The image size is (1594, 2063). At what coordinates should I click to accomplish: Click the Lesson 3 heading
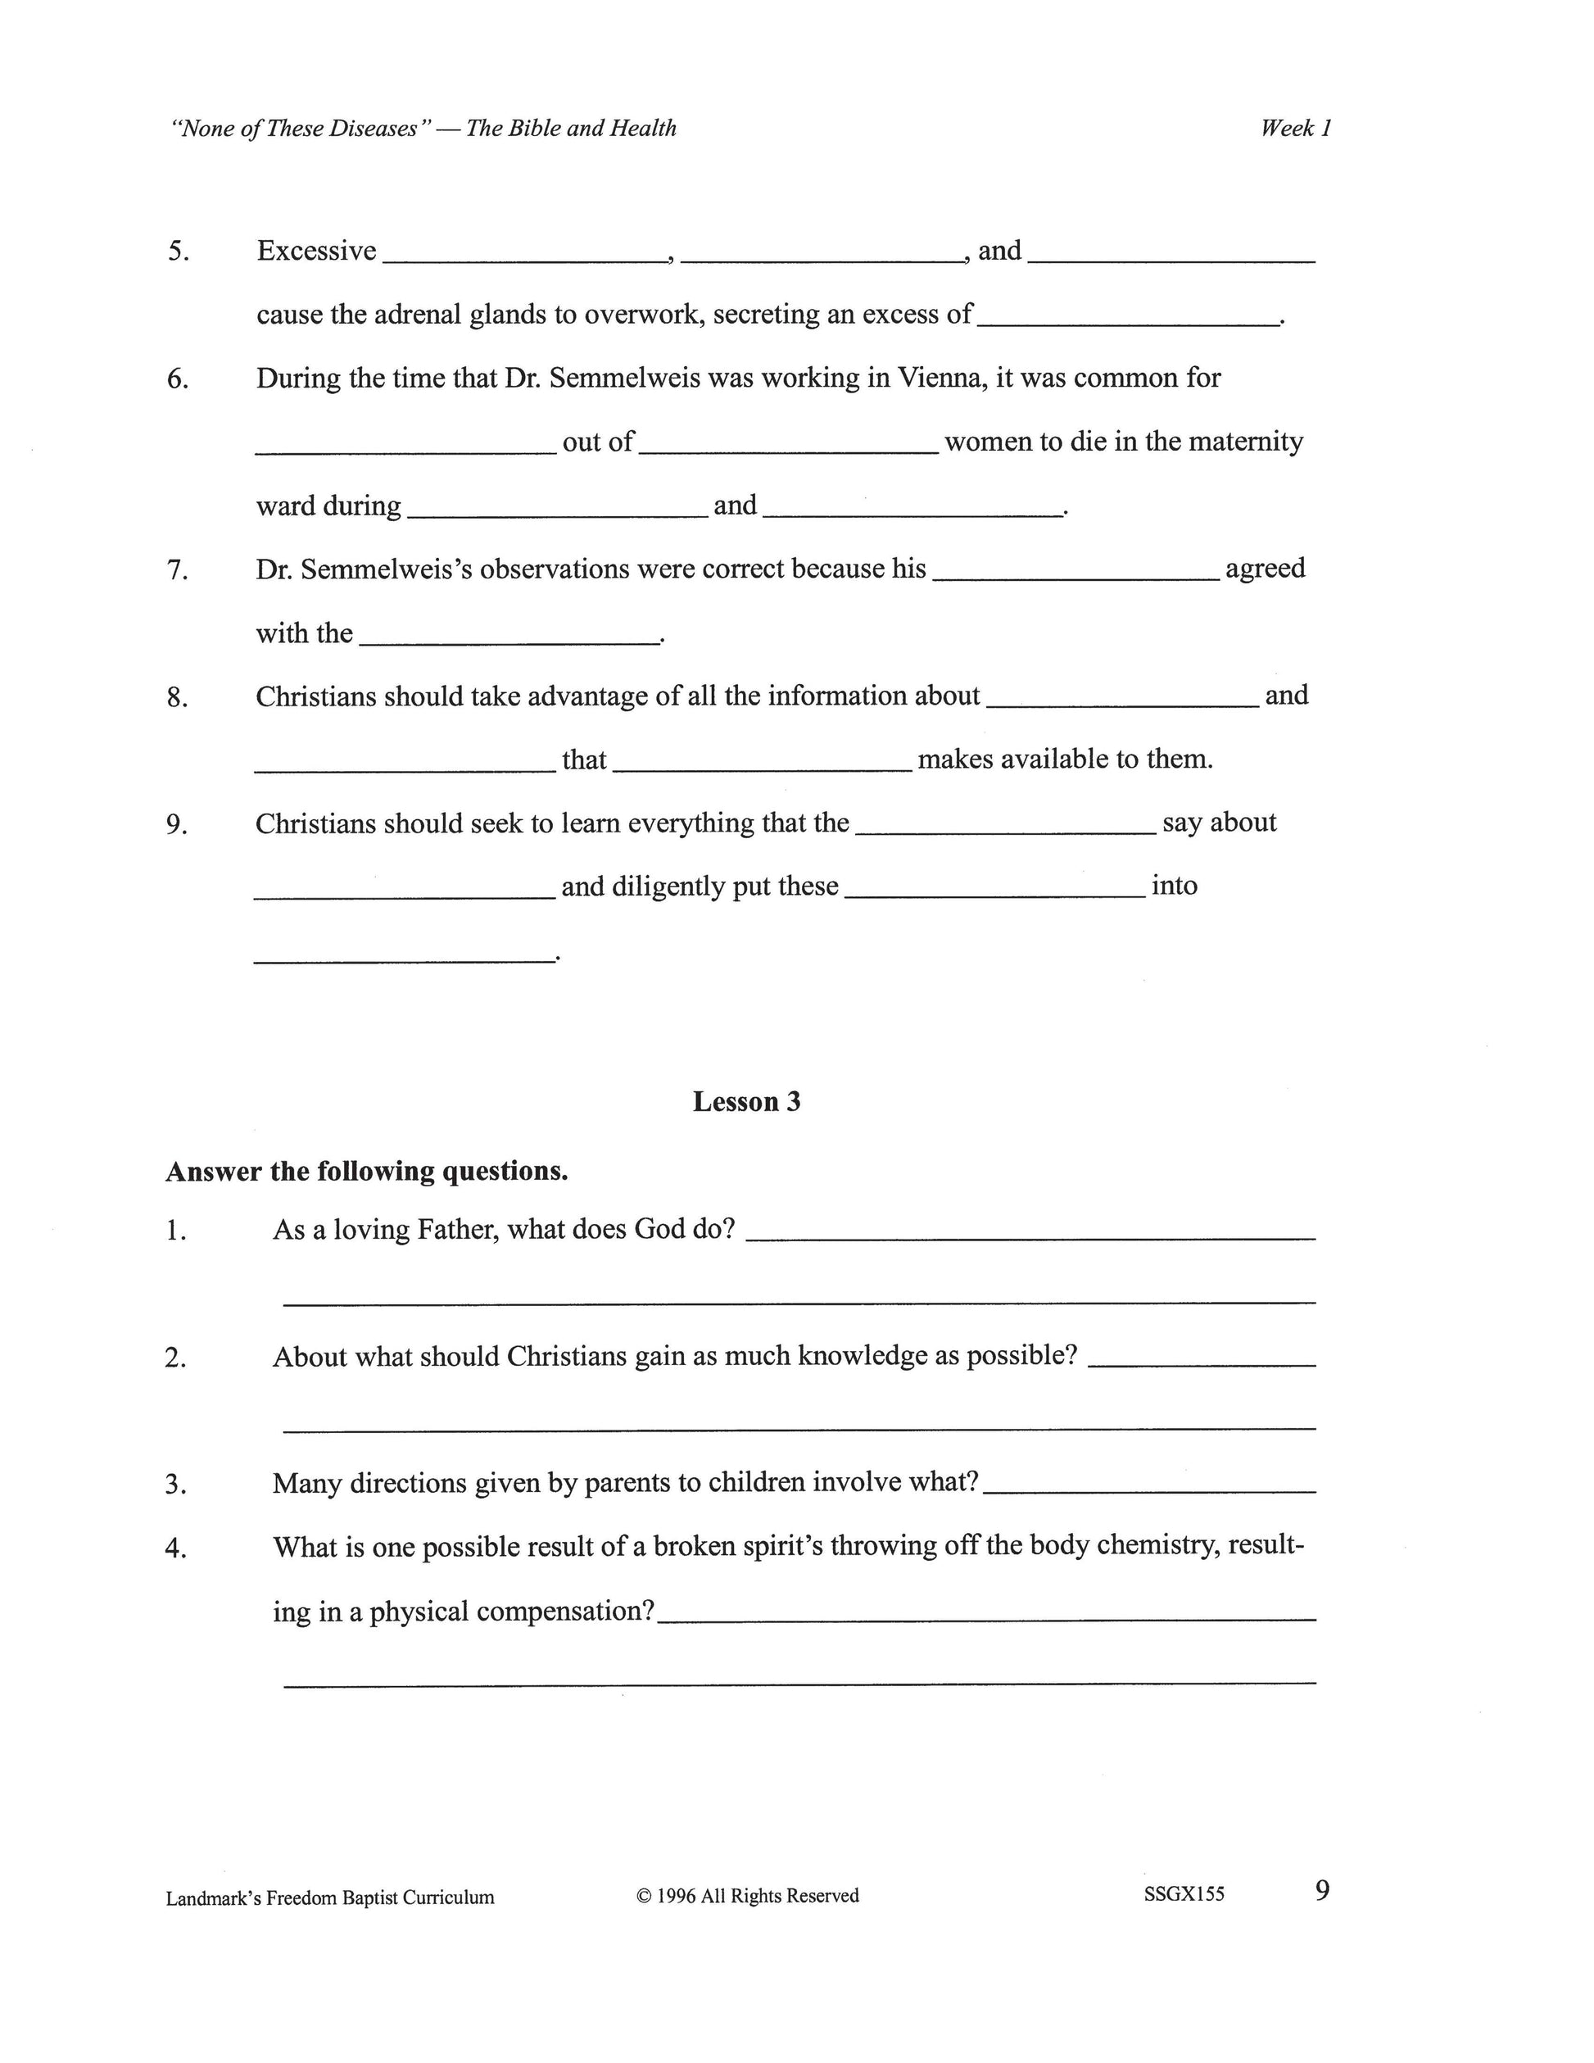(746, 1101)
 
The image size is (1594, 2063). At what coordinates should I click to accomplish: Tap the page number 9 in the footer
(1322, 1890)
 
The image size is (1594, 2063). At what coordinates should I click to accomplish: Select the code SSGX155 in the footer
(1184, 1894)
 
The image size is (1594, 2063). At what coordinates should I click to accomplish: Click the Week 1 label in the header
(1296, 129)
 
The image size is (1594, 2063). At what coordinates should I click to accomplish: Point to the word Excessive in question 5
(316, 252)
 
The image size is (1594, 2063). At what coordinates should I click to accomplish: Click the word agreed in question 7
(1266, 569)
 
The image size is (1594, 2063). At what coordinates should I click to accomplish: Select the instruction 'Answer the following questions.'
(367, 1172)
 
